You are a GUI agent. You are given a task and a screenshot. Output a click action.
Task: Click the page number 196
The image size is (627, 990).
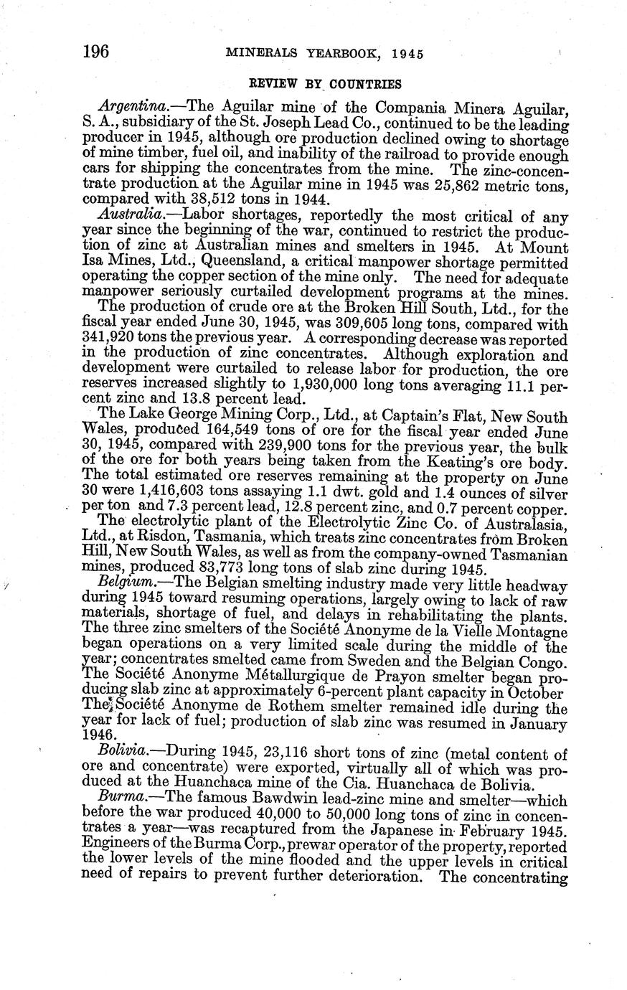[95, 52]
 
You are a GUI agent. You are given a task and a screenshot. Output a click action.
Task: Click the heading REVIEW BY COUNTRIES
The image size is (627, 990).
[325, 83]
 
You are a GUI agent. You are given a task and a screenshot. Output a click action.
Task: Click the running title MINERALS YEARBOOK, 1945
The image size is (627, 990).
[324, 54]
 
